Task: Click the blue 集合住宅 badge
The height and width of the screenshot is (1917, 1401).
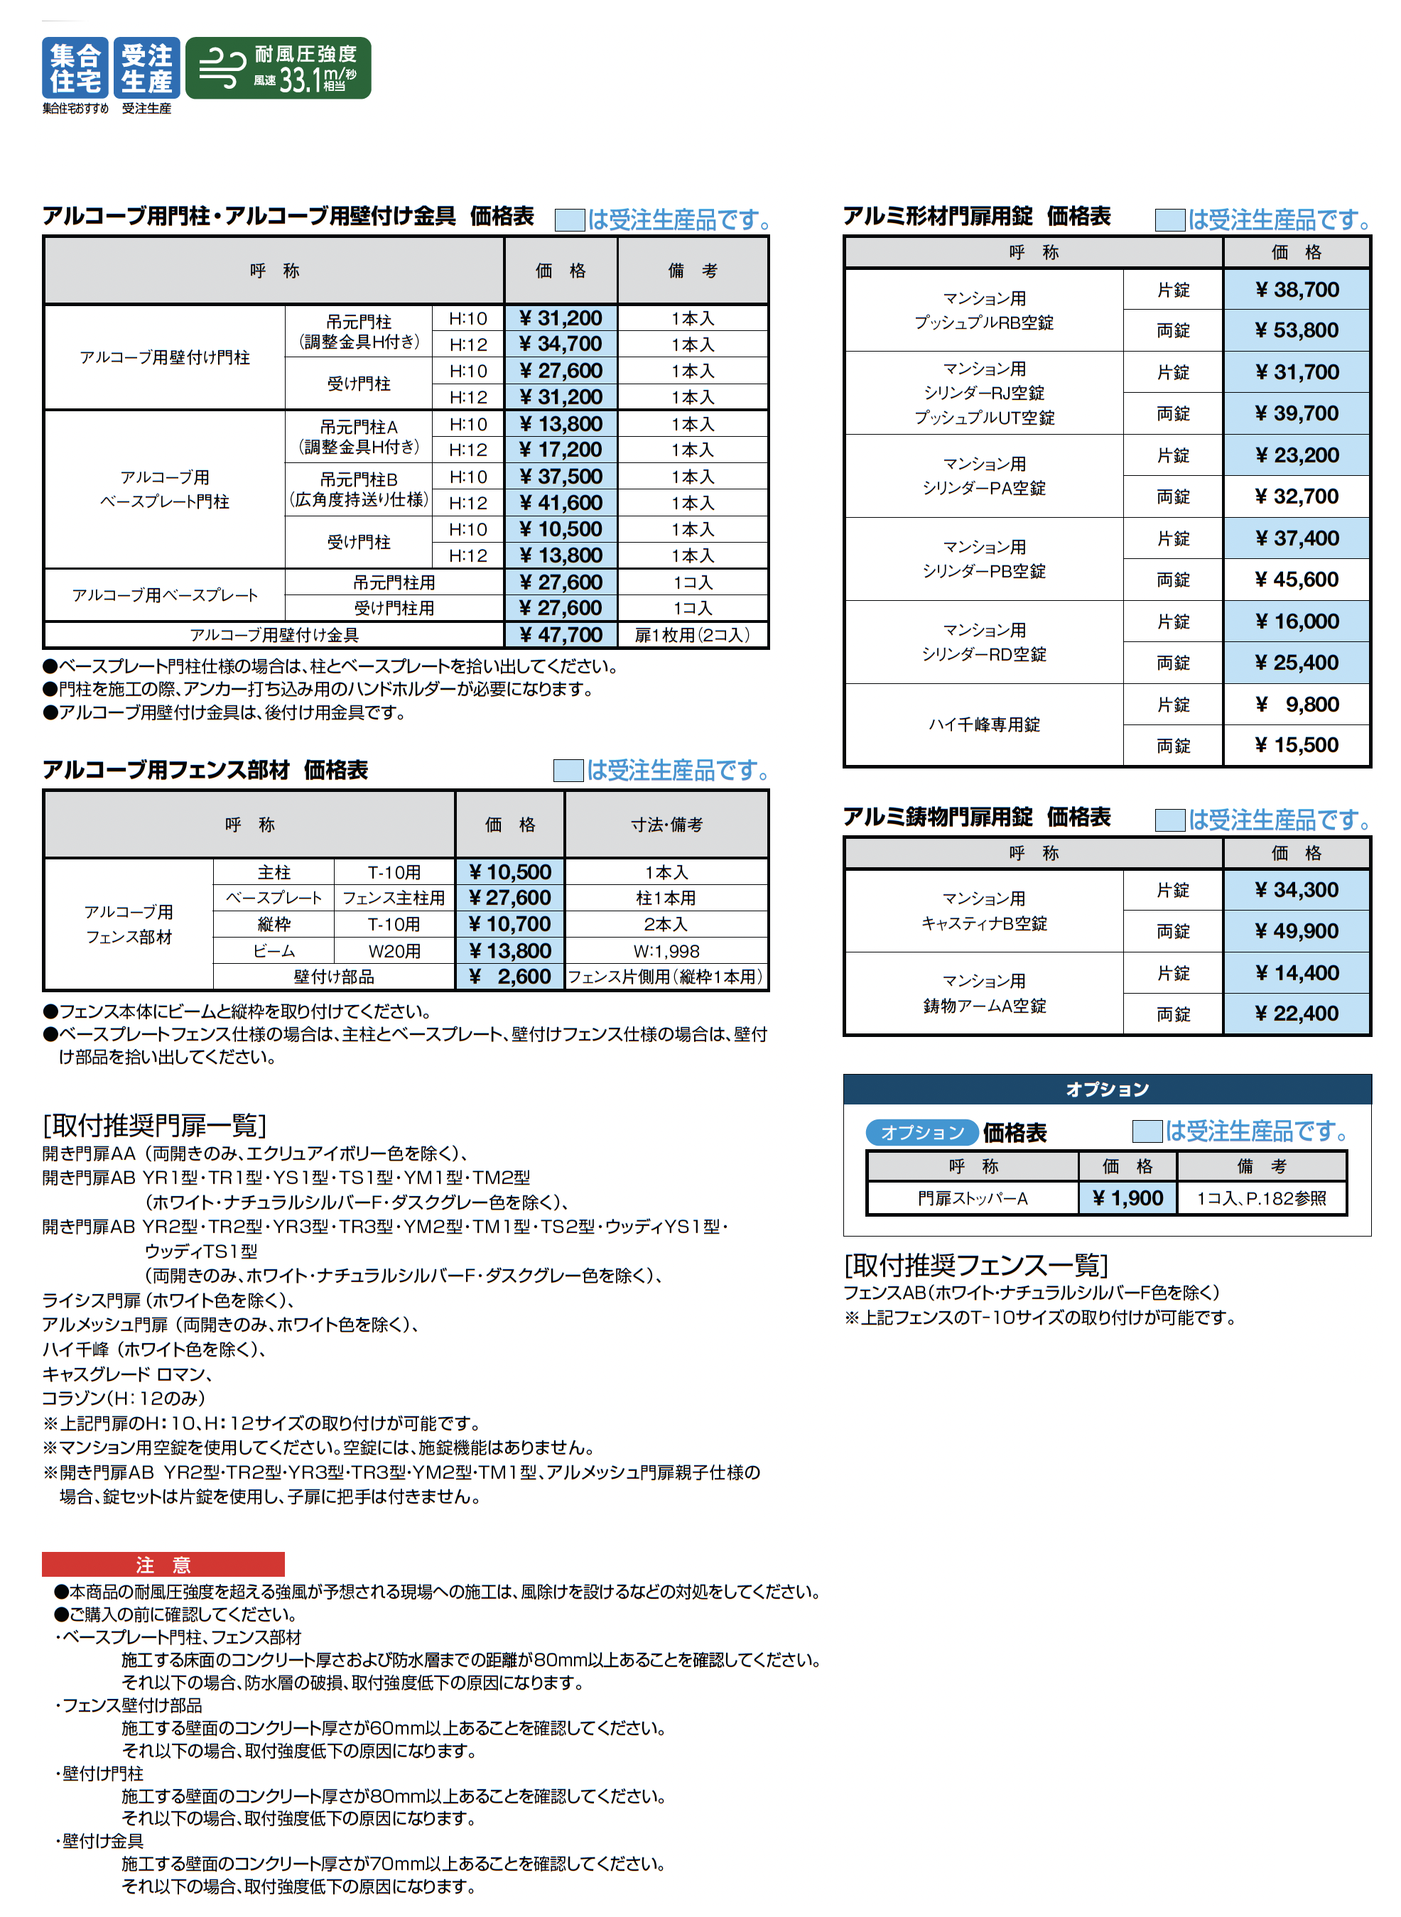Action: click(75, 67)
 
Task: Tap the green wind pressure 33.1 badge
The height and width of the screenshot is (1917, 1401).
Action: click(278, 67)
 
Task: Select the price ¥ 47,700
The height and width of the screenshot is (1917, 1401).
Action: click(561, 635)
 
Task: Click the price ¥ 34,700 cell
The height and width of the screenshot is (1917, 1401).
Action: click(561, 344)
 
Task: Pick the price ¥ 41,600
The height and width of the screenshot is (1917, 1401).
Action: click(561, 503)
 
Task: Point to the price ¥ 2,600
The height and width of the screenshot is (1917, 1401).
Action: click(509, 977)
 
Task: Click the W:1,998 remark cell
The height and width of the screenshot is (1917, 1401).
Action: click(666, 951)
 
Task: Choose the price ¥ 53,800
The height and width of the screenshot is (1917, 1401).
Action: click(1296, 331)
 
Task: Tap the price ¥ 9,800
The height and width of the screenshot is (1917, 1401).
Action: click(1296, 705)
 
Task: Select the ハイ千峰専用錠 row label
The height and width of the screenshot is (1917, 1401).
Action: click(984, 725)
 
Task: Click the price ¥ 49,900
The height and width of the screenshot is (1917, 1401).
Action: click(1296, 931)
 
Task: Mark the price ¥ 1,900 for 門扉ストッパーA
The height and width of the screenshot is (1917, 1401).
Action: click(1127, 1198)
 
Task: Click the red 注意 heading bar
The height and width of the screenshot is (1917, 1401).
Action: click(163, 1564)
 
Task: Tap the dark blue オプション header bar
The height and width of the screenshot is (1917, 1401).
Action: click(1107, 1090)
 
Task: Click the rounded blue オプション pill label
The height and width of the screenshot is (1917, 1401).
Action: click(922, 1133)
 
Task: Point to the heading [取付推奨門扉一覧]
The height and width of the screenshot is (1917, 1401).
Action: click(154, 1125)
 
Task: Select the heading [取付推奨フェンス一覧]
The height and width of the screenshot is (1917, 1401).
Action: click(976, 1265)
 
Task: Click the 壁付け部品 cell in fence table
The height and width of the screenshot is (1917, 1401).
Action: click(333, 977)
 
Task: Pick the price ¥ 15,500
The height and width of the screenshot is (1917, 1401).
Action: click(1296, 745)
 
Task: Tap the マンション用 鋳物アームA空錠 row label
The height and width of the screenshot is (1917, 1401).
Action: click(984, 994)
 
